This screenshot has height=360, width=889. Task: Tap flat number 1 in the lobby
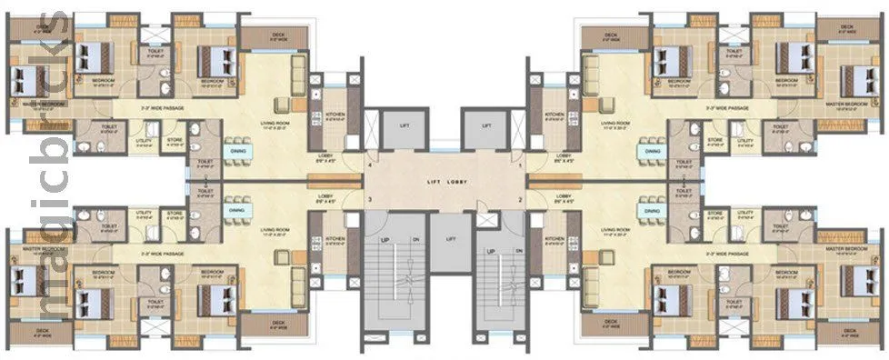coord(520,166)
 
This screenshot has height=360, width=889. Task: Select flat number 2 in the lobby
coord(520,198)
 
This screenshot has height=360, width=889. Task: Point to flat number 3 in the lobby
coord(369,198)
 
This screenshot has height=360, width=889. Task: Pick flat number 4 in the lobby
coord(369,166)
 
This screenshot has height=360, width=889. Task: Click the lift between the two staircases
coord(444,241)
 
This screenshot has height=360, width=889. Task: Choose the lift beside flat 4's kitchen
coord(401,125)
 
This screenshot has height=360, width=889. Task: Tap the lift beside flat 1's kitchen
coord(487,125)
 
